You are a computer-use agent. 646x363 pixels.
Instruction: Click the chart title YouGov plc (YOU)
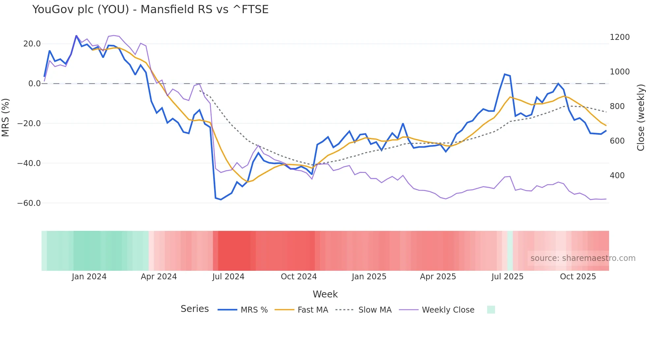(x=150, y=9)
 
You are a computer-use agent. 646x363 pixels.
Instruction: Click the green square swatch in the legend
(x=491, y=310)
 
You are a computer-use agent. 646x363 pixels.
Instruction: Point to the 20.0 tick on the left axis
(x=32, y=44)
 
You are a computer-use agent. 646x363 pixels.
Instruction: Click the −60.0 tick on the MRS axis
(x=29, y=203)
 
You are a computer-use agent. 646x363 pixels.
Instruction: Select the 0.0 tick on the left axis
(x=34, y=84)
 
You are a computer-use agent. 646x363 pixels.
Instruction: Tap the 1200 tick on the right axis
(x=620, y=37)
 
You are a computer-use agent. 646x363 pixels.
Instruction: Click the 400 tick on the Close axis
(x=617, y=176)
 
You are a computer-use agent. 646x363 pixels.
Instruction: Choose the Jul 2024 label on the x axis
(x=228, y=277)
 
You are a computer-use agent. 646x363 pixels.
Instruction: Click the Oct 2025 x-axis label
(x=578, y=277)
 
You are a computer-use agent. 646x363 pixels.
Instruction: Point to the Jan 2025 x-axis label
(x=369, y=277)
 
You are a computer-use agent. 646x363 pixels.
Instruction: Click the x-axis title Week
(x=325, y=294)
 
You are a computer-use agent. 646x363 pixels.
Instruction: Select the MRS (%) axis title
(x=5, y=117)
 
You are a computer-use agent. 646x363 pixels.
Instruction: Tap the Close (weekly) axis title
(x=640, y=117)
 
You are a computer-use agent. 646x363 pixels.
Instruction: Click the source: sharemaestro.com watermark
(x=583, y=258)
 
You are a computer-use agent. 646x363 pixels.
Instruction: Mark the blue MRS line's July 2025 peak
(x=505, y=74)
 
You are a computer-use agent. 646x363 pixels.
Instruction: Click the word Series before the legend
(x=194, y=309)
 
